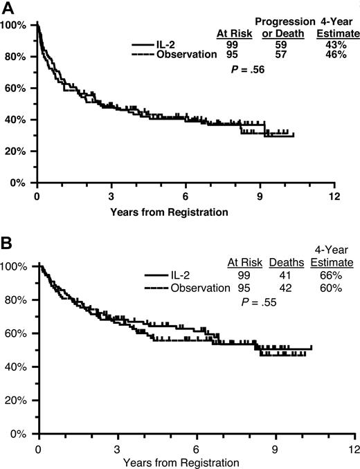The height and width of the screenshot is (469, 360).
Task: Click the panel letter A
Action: (x=6, y=7)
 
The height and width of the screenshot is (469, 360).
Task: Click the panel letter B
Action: (x=6, y=244)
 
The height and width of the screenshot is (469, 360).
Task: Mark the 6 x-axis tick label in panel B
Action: (x=197, y=448)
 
